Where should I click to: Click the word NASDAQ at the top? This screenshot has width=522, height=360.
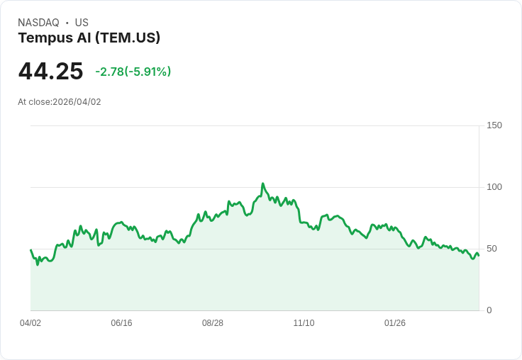click(x=38, y=23)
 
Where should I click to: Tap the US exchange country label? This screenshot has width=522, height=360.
click(x=82, y=23)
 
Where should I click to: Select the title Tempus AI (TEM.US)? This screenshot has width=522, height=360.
click(x=89, y=38)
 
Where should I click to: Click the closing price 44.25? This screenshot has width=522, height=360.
click(x=50, y=72)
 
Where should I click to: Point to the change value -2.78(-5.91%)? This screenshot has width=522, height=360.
click(x=133, y=72)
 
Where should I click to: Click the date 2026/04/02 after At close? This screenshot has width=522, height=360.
click(x=77, y=102)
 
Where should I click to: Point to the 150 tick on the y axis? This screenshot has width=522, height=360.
click(x=494, y=125)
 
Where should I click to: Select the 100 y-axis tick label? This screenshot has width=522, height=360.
click(x=494, y=187)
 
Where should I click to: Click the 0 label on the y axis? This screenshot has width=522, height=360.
click(x=489, y=310)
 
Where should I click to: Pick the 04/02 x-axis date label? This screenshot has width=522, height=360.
click(x=30, y=323)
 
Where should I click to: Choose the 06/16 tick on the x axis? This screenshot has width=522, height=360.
click(x=121, y=323)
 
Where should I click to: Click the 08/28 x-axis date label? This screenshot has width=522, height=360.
click(x=213, y=323)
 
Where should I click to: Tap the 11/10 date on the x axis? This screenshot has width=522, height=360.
click(x=304, y=323)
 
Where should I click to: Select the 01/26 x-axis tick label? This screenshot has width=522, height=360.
click(x=395, y=323)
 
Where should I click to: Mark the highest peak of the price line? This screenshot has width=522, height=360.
click(x=262, y=184)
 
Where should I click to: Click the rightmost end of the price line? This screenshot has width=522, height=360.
click(x=479, y=255)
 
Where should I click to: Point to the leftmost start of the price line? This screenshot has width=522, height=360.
click(x=30, y=249)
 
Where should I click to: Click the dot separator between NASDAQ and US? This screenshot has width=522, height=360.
click(x=67, y=23)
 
